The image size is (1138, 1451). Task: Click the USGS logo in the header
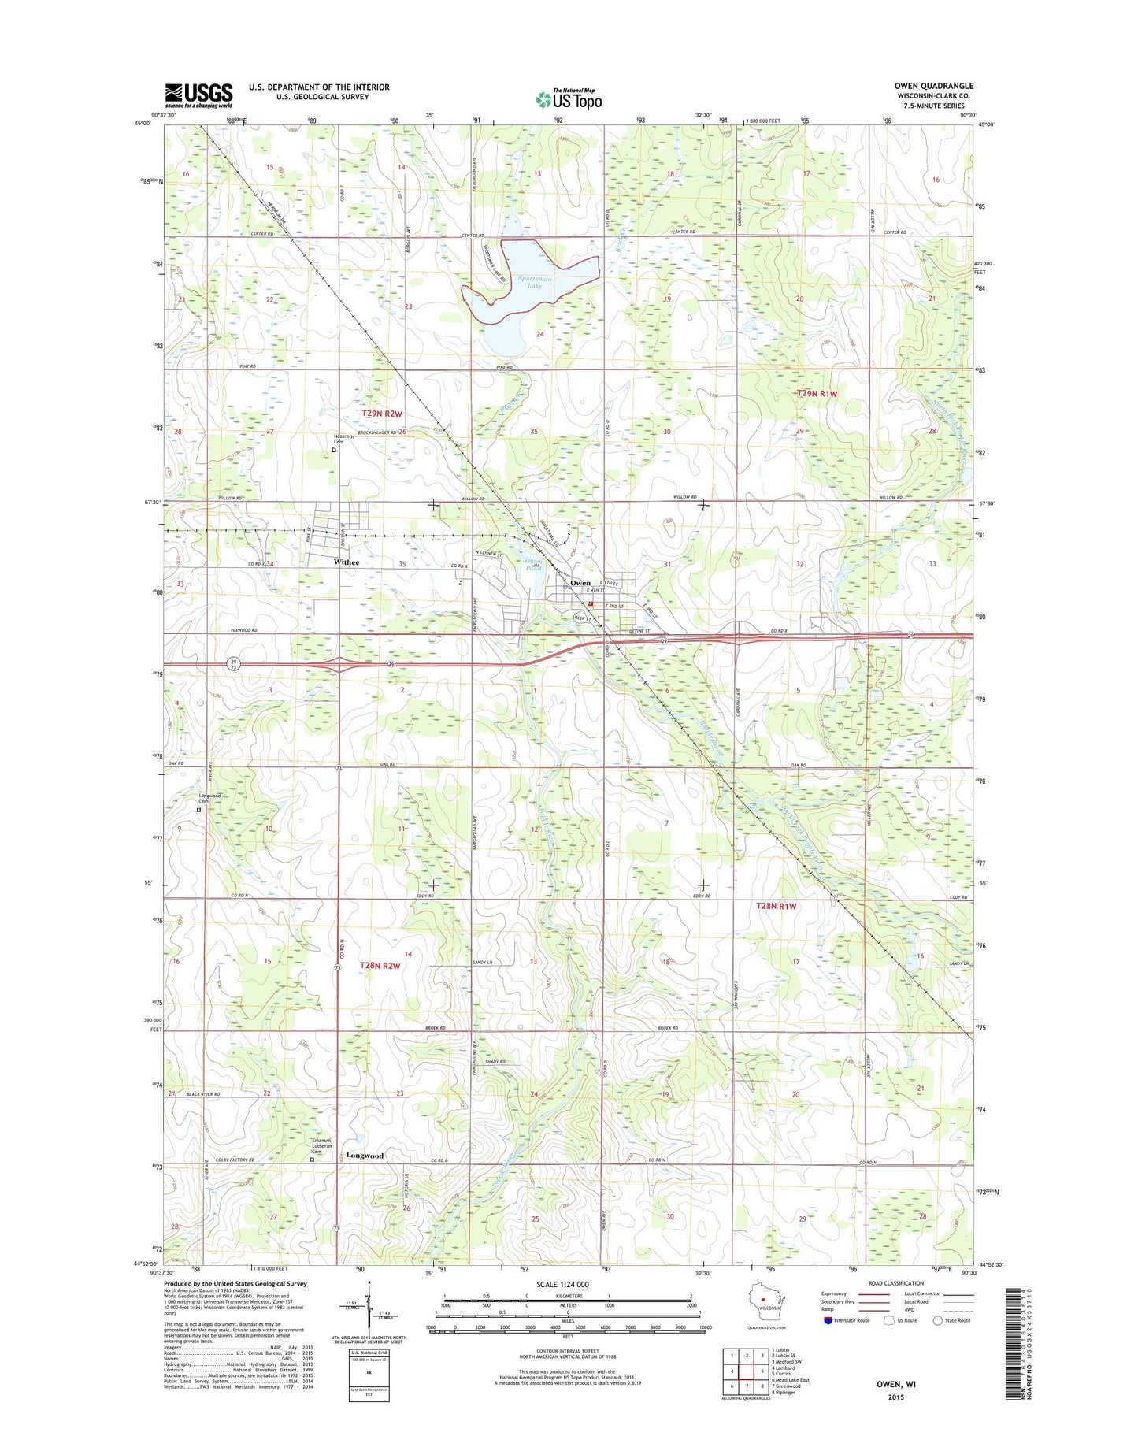(198, 95)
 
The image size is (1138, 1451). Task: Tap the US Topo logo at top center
(569, 99)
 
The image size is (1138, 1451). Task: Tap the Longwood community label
(365, 1156)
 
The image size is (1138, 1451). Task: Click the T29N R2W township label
(382, 414)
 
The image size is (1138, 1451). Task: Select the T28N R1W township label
(777, 906)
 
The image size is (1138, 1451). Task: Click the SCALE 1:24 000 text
(562, 1284)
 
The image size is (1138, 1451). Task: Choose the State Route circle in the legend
(937, 1319)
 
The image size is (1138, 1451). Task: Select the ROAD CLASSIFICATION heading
(895, 1283)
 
